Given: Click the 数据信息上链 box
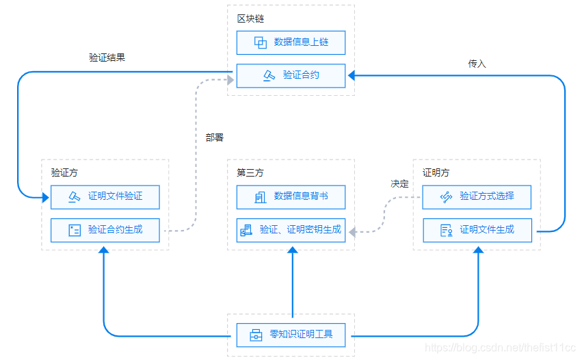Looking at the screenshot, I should [x=291, y=42].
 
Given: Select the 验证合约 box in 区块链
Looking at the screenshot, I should [x=291, y=75].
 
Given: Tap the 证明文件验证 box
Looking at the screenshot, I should [x=105, y=196].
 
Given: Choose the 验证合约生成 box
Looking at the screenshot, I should [x=105, y=230].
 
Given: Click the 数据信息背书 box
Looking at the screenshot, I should [x=291, y=196].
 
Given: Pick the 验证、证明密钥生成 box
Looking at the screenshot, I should [x=291, y=230].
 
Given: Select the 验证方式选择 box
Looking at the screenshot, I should [x=477, y=196].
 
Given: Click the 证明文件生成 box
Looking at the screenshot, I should [x=477, y=230].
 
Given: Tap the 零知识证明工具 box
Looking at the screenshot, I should [x=291, y=335].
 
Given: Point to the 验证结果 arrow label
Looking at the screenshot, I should [x=107, y=57].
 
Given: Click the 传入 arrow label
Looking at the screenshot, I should [x=477, y=64].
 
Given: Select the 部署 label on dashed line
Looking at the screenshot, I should [x=214, y=138].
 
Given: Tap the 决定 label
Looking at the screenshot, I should [x=399, y=183].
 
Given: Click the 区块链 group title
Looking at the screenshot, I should [x=249, y=18].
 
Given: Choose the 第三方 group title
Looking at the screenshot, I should [x=250, y=172].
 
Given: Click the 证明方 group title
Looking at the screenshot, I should [x=436, y=172].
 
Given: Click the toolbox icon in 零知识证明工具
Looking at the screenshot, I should [x=256, y=335].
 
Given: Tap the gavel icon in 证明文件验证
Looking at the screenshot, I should [x=74, y=197].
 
